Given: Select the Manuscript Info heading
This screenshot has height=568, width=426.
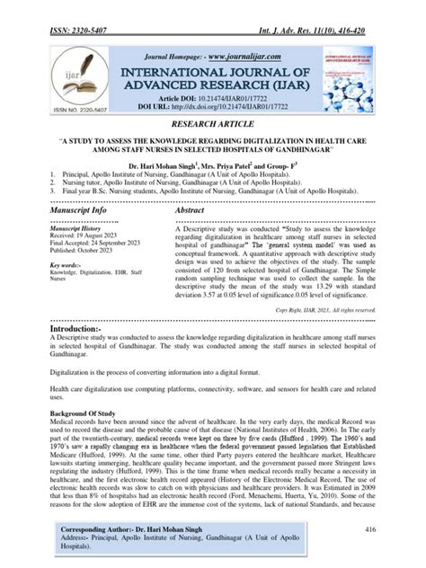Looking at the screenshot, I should coord(68,209).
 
